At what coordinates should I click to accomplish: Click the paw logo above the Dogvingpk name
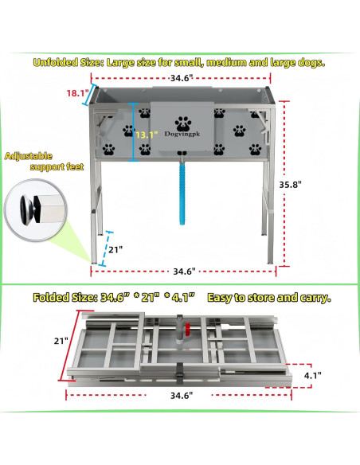coord(184,123)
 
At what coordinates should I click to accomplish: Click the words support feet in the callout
coord(58,169)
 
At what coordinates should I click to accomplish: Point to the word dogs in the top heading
coord(310,61)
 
